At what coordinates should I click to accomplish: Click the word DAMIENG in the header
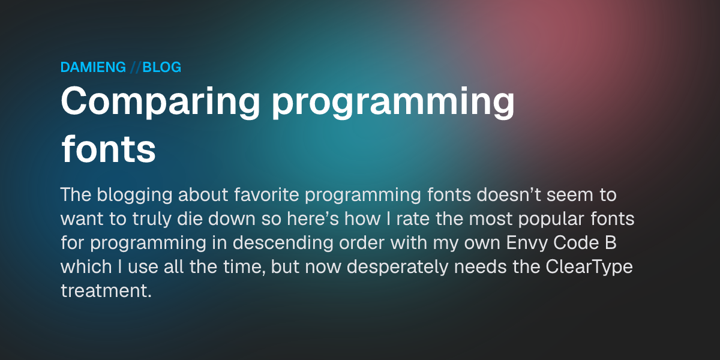tap(93, 67)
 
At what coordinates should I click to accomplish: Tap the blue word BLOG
tap(161, 67)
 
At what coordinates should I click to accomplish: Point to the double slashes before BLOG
tap(135, 67)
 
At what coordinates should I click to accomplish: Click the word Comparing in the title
tap(160, 102)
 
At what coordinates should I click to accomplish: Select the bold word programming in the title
tap(394, 102)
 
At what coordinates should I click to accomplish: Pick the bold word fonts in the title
tap(109, 149)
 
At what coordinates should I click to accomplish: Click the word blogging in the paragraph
tap(134, 196)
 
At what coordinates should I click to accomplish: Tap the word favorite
tap(266, 195)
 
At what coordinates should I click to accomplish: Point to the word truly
tap(152, 220)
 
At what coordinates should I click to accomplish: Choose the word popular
tap(551, 220)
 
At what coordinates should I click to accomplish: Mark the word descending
tap(283, 244)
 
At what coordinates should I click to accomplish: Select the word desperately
tap(397, 268)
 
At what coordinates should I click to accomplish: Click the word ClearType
tap(589, 268)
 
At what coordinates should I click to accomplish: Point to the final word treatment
tap(106, 290)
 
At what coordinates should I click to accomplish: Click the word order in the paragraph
tap(362, 242)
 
